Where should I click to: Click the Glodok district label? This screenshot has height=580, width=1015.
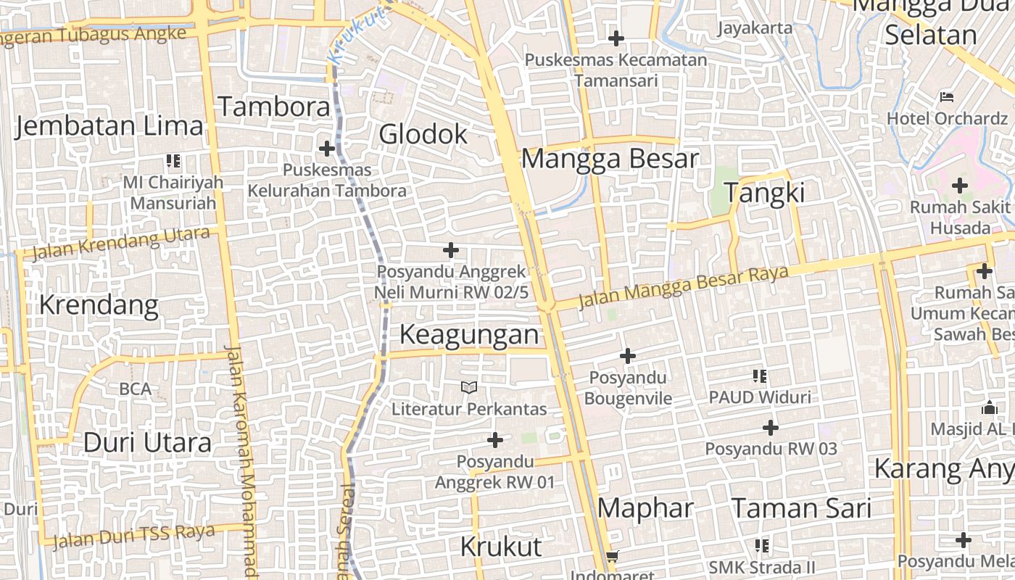point(423,134)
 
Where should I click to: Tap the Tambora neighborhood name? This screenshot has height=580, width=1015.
point(274,107)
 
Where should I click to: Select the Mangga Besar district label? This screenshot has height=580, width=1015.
point(610,159)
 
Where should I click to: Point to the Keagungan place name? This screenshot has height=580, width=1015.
point(469,335)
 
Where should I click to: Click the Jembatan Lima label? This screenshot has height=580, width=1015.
point(109,126)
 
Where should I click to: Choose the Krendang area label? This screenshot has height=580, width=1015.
point(99,305)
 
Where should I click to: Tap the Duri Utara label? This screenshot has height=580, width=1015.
point(147,442)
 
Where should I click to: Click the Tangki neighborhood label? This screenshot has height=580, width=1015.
point(764,194)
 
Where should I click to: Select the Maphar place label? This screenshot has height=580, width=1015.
point(645,508)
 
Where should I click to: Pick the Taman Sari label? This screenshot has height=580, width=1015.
point(800,508)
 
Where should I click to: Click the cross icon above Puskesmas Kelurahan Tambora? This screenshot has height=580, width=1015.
point(327,149)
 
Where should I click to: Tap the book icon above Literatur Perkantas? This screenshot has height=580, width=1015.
point(469,388)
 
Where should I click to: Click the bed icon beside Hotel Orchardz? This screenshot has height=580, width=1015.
point(947,96)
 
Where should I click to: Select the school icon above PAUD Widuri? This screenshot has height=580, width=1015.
point(760,376)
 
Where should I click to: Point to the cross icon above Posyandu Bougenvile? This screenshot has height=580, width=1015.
point(628,356)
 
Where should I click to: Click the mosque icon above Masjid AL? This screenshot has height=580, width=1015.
point(990,407)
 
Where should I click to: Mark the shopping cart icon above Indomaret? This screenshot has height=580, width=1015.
point(613,557)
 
